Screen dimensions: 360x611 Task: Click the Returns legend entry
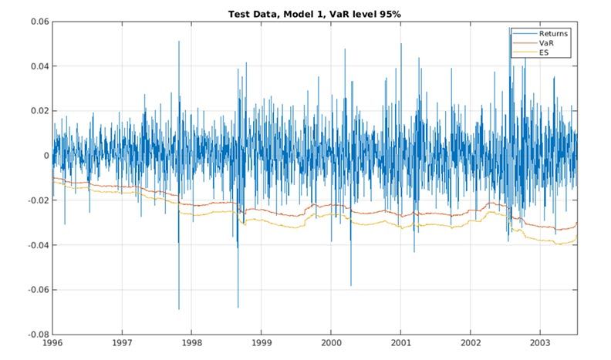coord(554,34)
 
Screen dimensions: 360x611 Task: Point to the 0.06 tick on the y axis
coord(38,22)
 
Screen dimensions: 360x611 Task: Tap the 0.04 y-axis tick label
coord(38,66)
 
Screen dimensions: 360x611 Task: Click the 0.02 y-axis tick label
coord(38,111)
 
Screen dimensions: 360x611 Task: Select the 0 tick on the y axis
coord(46,156)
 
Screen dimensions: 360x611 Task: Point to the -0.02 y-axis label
coord(36,200)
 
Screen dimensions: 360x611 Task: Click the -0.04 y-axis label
coord(36,245)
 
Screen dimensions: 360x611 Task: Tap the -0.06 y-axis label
coord(36,290)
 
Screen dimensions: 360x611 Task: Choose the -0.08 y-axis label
coord(36,335)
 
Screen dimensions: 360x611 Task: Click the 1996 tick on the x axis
coord(52,344)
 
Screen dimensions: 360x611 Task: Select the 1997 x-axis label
coord(122,344)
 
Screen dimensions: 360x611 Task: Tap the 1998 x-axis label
coord(192,344)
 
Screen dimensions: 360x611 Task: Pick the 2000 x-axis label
coord(332,344)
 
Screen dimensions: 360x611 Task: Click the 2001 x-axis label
coord(401,344)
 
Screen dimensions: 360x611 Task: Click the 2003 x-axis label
coord(541,344)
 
